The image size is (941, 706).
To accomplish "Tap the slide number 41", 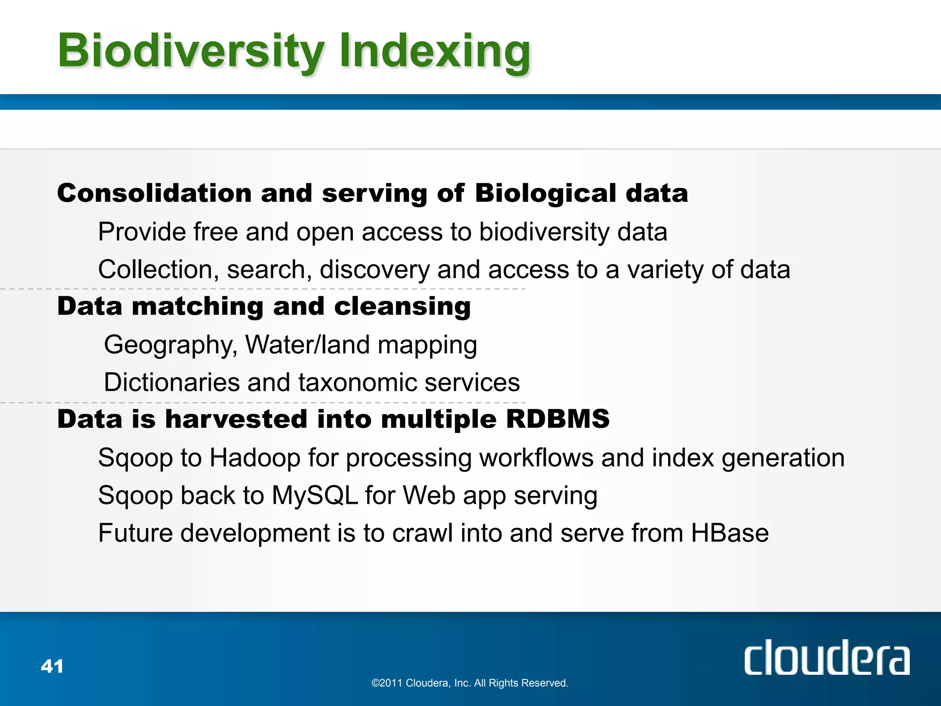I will (x=52, y=666).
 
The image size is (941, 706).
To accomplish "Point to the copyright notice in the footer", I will (x=470, y=683).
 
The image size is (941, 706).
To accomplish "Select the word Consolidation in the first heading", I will (x=154, y=193).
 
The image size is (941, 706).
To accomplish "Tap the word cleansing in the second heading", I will (x=402, y=306).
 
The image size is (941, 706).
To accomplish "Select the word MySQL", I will (x=315, y=496).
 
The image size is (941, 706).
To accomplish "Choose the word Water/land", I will (x=307, y=345).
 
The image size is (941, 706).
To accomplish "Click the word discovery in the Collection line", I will (x=374, y=270).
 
